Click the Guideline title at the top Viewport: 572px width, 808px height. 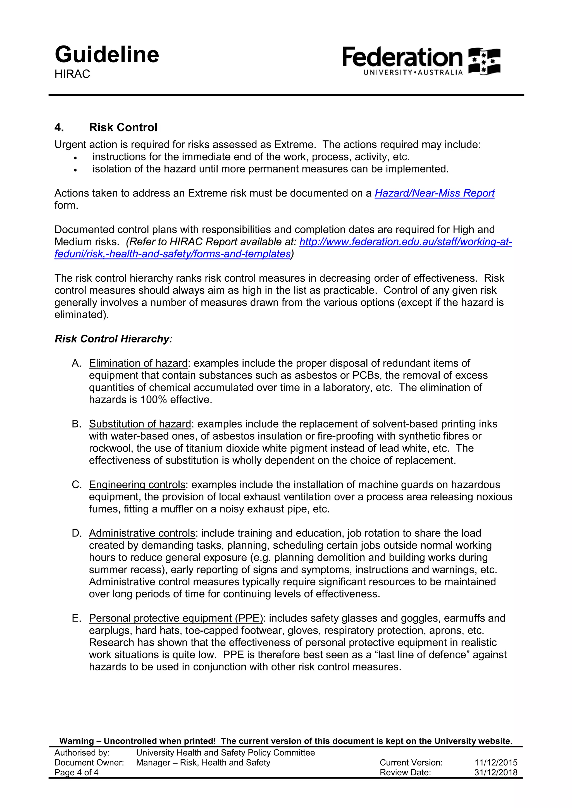107,55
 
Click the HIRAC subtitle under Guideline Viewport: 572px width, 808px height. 72,74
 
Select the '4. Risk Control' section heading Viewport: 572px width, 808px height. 106,127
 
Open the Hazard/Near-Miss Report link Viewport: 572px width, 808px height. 434,193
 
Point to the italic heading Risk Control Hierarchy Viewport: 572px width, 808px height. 113,339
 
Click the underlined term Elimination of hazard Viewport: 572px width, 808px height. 138,363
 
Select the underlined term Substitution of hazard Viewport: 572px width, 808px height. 140,424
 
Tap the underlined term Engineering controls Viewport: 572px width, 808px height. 137,485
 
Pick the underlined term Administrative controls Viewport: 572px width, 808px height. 142,533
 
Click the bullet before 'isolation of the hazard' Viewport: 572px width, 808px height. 75,170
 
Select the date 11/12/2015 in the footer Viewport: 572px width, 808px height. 495,763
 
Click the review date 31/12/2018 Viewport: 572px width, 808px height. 495,773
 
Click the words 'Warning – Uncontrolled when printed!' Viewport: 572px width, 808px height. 137,741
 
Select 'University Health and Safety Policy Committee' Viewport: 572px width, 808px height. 225,753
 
